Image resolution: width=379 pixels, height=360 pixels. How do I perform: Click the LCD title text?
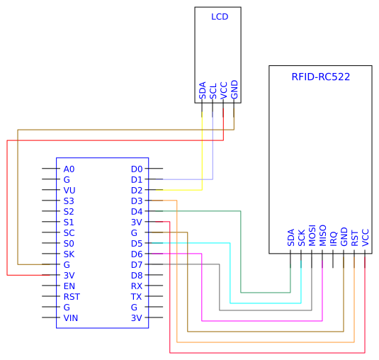(x=220, y=16)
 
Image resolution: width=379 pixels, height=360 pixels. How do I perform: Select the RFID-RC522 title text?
(x=320, y=77)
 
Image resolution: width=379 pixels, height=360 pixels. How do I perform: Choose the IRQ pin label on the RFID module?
(x=333, y=238)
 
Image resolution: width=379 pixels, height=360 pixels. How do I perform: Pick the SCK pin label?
(x=301, y=237)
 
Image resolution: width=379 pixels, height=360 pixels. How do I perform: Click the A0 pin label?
(x=69, y=169)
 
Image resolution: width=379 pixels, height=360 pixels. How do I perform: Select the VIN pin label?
(x=70, y=318)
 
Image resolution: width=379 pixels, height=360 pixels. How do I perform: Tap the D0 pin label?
(x=137, y=169)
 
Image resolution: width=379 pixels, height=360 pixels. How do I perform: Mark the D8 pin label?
(x=137, y=276)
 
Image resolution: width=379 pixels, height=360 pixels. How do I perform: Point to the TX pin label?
(x=137, y=297)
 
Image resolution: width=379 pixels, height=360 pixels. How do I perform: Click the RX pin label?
(x=137, y=286)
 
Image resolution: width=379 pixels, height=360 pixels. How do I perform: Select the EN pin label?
(x=69, y=286)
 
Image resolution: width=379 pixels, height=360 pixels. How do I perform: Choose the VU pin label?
(x=69, y=191)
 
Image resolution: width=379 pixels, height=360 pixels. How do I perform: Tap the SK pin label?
(x=69, y=254)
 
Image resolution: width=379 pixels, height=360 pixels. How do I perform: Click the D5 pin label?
(x=137, y=244)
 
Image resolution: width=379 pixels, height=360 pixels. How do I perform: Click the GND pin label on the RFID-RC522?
(x=344, y=237)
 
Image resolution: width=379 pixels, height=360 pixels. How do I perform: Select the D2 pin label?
(x=137, y=191)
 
